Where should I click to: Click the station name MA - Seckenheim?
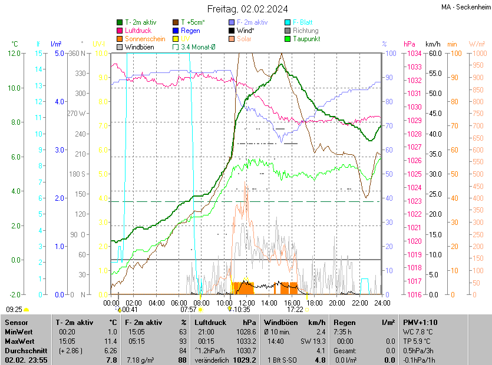465,7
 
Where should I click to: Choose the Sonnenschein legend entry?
145,39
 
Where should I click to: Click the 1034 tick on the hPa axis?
412,54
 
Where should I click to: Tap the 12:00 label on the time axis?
247,303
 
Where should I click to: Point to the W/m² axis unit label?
477,44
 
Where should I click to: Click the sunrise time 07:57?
188,308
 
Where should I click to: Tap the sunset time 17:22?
295,308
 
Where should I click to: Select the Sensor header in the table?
16,323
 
